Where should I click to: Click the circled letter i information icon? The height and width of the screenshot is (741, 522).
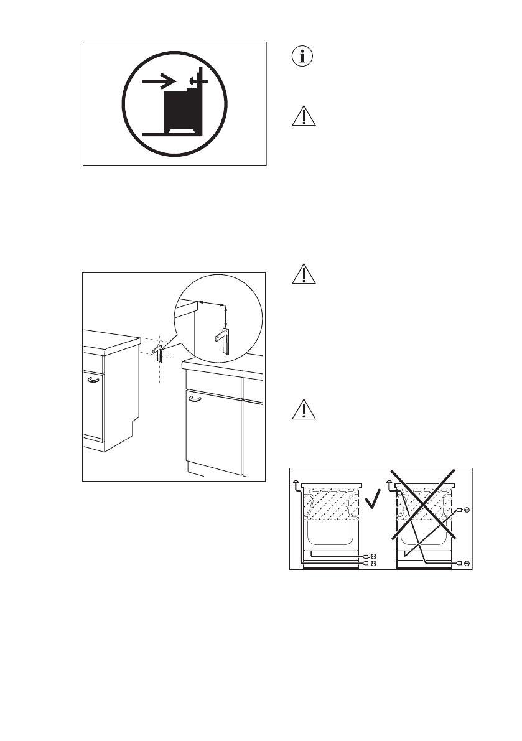click(303, 57)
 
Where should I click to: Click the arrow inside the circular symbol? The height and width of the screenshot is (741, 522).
click(159, 82)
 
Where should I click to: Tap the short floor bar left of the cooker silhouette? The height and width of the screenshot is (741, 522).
click(153, 133)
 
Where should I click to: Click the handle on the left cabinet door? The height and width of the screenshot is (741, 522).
click(93, 379)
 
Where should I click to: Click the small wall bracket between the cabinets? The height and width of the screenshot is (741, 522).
click(159, 352)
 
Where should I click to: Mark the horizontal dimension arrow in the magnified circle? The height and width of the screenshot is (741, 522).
click(212, 303)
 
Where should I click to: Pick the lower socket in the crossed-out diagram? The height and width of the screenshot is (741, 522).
click(467, 563)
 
